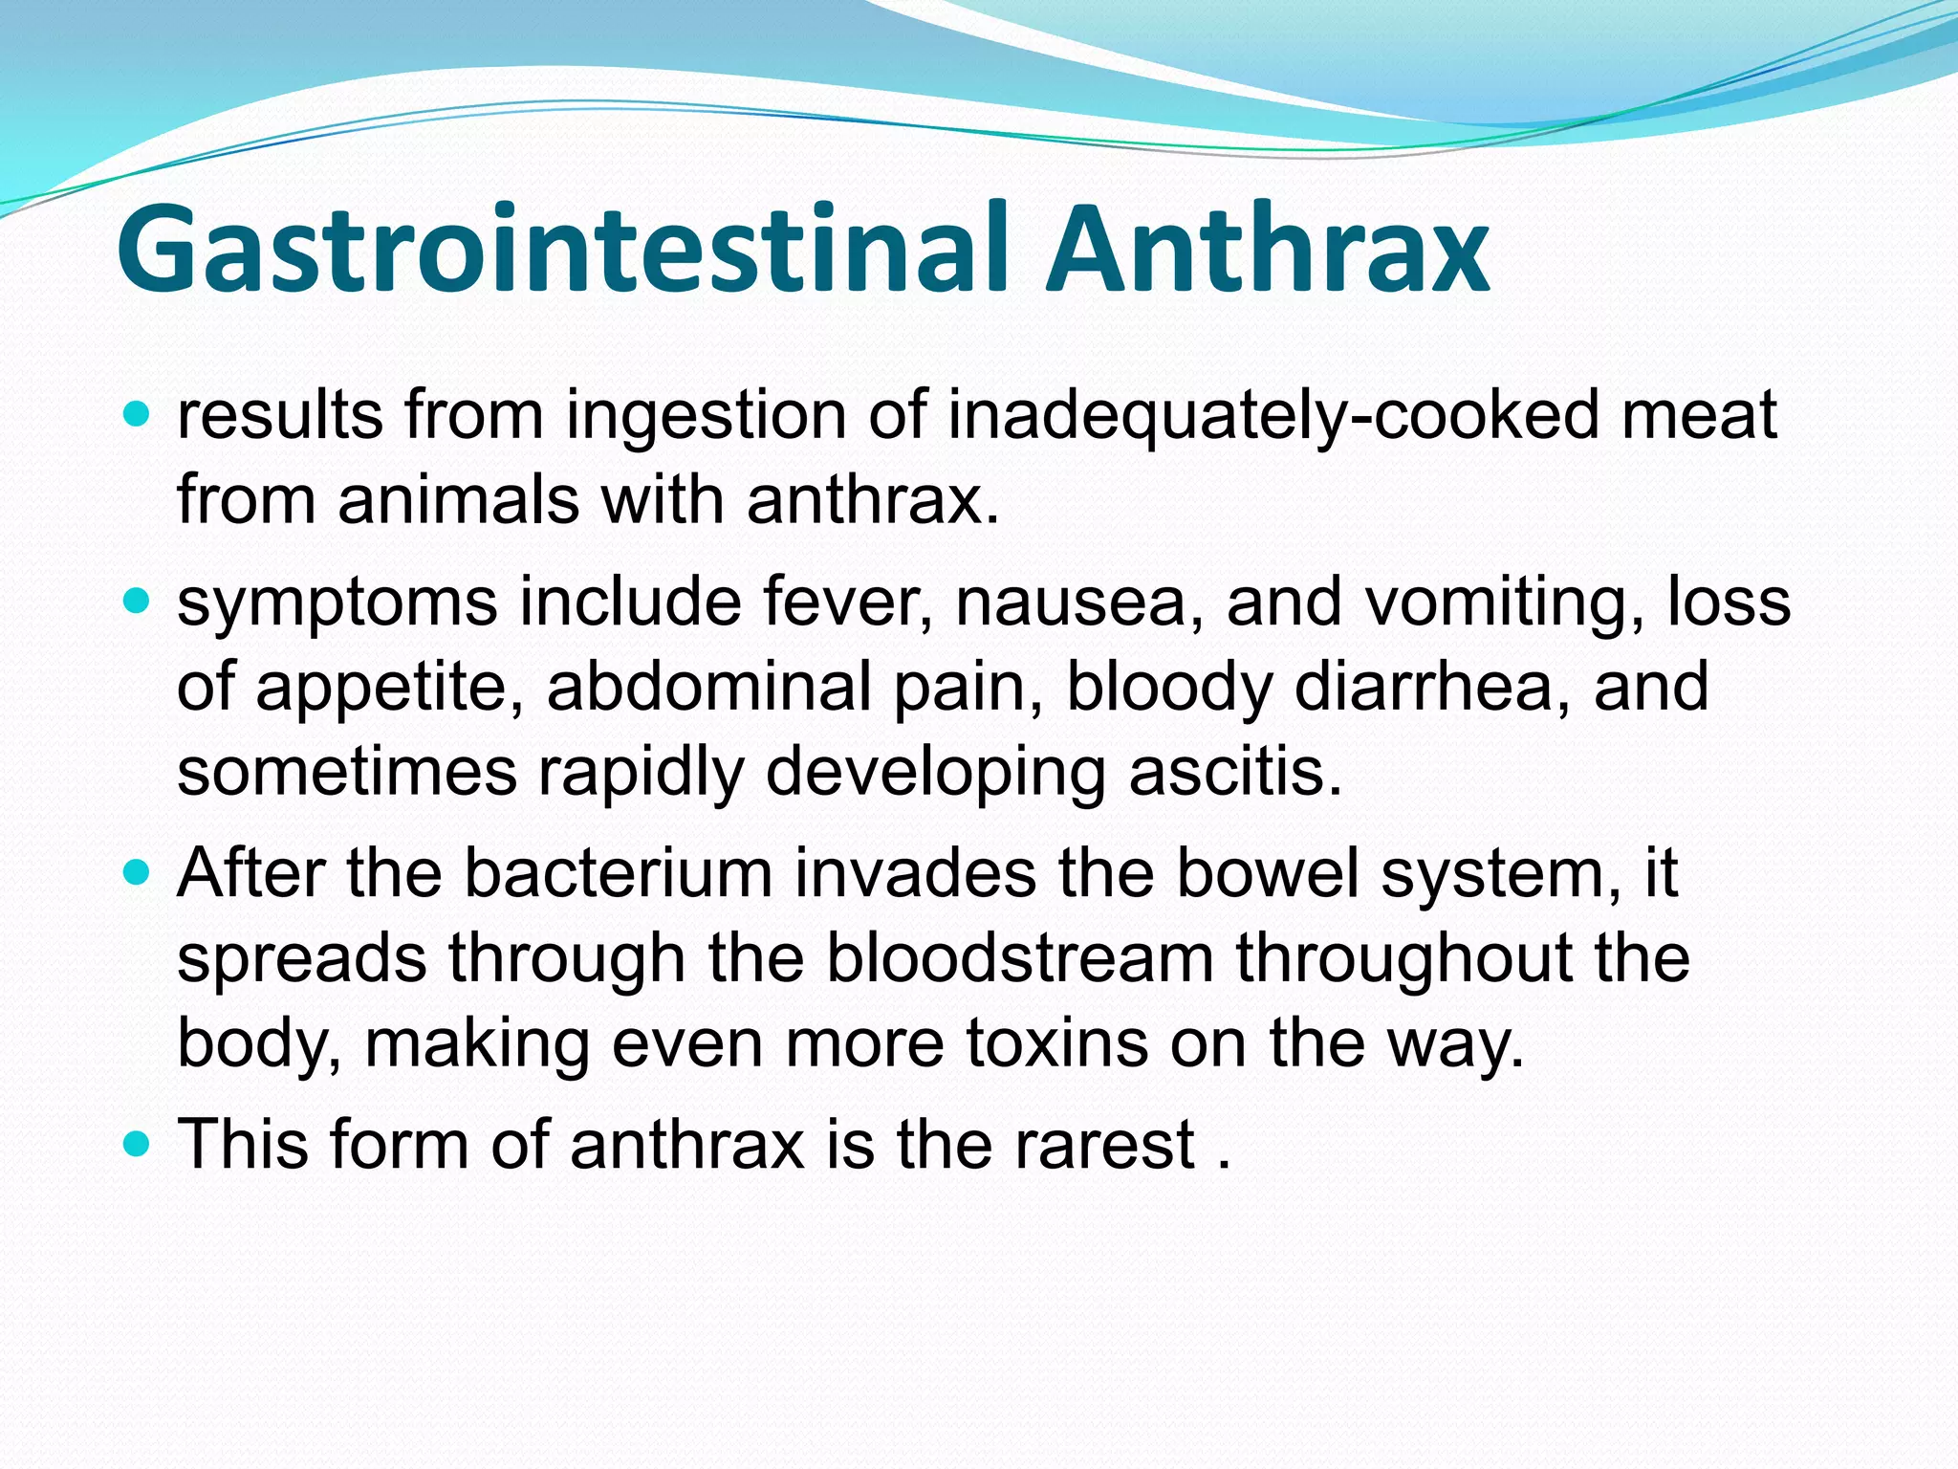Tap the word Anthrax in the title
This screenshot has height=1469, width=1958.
coord(1268,251)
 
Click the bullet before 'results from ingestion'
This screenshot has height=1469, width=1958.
coord(138,415)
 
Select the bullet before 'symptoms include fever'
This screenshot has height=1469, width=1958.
coord(138,602)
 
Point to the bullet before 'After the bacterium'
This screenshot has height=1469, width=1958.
coord(138,872)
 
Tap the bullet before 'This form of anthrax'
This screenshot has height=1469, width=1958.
coord(138,1143)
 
